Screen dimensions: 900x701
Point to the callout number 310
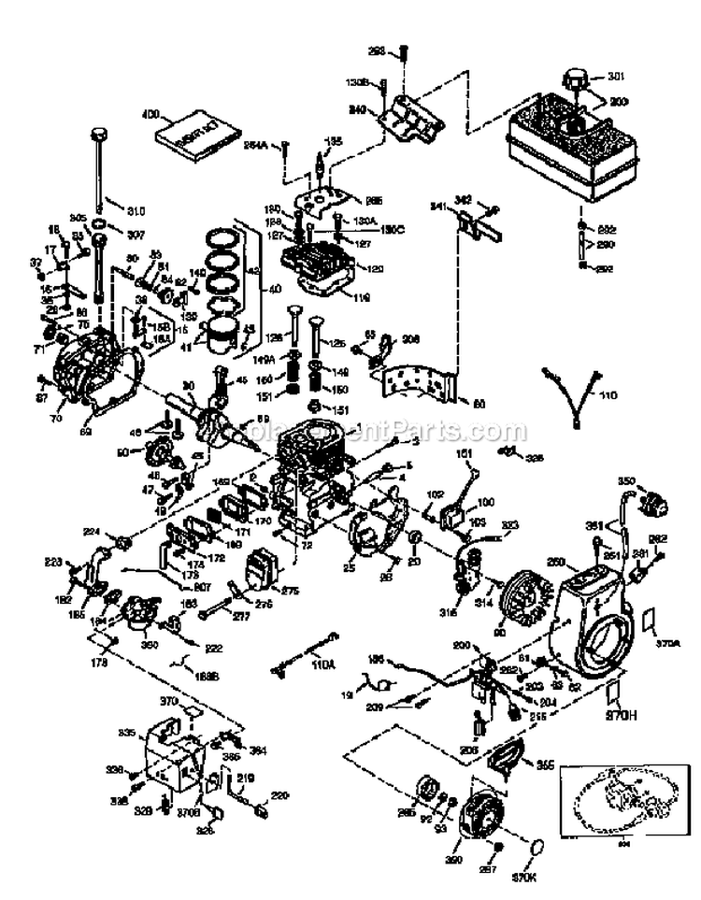pos(136,209)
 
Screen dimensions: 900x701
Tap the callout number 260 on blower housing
pos(557,563)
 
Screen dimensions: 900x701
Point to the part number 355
pos(544,764)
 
